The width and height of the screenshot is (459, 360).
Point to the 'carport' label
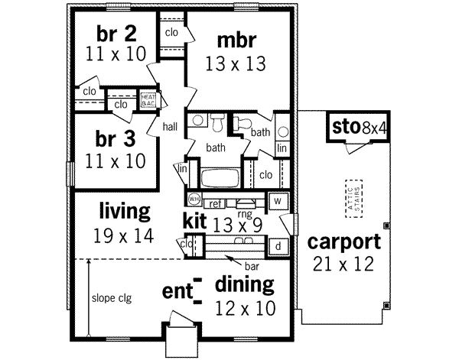coord(343,242)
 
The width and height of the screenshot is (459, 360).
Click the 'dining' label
coord(243,285)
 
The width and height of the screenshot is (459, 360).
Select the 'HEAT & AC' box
coord(148,100)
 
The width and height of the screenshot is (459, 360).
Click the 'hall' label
coord(169,128)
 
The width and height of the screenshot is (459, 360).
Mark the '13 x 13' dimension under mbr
coord(236,64)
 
